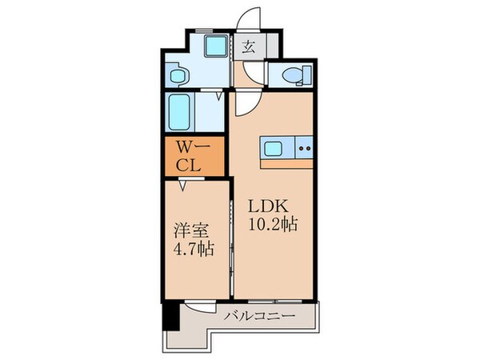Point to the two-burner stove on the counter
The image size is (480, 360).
coord(305,147)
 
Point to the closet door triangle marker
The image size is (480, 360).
coord(183,186)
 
